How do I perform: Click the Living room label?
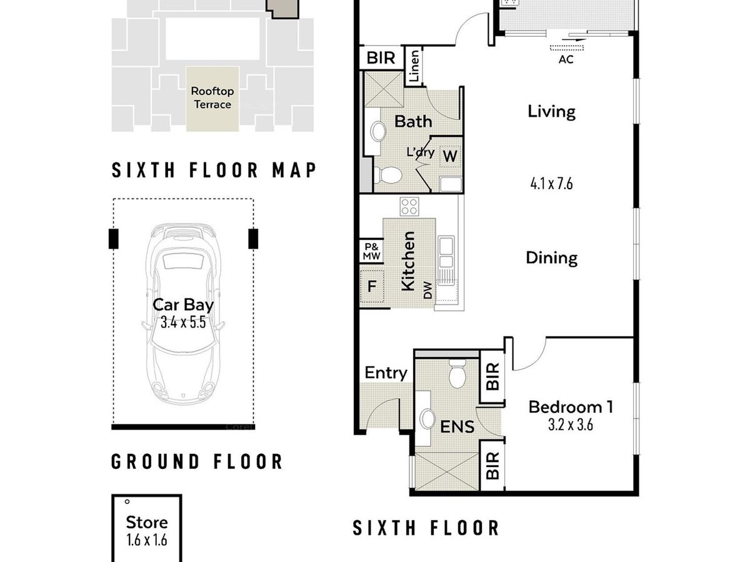551,112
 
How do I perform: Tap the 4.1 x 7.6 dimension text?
551,184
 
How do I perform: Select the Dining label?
551,258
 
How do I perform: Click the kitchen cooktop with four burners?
409,207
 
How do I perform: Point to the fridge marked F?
372,286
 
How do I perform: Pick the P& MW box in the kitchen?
371,252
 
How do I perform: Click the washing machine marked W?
450,156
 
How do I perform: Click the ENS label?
457,427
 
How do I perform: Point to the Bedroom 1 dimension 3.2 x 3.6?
570,425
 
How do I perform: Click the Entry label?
386,373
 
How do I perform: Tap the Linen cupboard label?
414,66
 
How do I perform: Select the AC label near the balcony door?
566,60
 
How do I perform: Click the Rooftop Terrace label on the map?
212,98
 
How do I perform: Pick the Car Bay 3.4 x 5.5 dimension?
183,322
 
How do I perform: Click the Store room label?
147,523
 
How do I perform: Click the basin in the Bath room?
378,131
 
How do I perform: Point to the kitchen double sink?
446,252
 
